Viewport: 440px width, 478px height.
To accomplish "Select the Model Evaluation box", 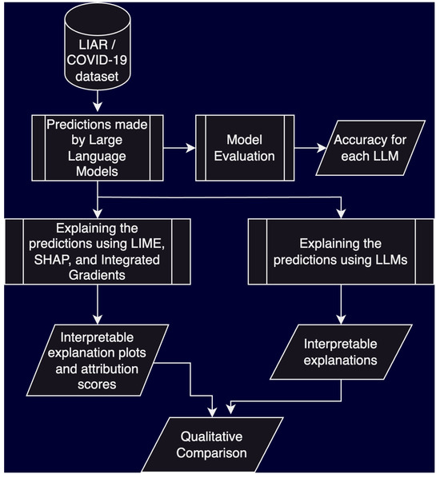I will (x=244, y=148).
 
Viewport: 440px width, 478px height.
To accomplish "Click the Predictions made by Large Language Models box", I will (x=98, y=149).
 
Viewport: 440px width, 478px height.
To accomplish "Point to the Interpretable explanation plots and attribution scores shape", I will (x=98, y=358).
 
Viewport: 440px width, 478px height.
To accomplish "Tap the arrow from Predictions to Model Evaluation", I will (x=178, y=148).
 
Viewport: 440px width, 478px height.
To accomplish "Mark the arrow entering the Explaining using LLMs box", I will (x=342, y=209).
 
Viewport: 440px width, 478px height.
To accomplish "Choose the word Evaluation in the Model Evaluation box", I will (x=244, y=156).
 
